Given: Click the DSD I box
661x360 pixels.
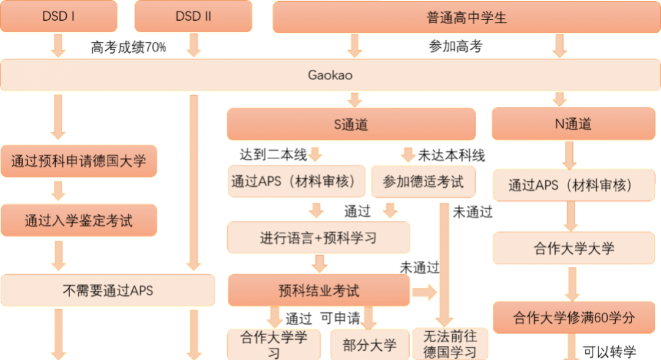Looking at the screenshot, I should (59, 17).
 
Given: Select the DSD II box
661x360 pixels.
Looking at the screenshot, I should (193, 17).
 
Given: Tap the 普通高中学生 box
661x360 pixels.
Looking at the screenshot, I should (466, 17).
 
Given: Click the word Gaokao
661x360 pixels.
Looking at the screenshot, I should (330, 75).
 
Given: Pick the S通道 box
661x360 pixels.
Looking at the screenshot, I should (351, 124).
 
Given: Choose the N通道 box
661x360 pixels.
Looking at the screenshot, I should (573, 124).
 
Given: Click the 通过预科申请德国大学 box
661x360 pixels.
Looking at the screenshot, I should (79, 161).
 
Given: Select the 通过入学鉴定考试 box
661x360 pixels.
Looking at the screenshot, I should (79, 220).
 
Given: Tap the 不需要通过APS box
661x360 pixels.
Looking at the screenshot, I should (108, 291).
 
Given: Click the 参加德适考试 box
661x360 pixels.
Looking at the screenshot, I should (423, 182).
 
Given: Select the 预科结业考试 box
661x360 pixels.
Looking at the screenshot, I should (318, 291).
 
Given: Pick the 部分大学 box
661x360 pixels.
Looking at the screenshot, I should (370, 345).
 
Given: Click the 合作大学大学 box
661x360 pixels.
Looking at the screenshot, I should (574, 249).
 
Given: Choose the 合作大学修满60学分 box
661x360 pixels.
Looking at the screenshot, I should (574, 318).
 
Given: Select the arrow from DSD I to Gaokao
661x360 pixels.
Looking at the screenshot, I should (58, 45).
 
